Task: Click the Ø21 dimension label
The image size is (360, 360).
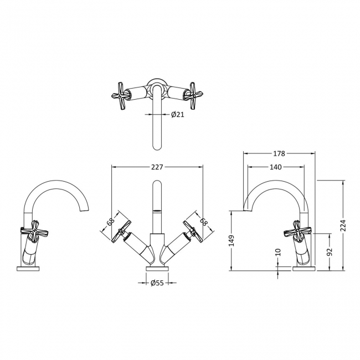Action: [x=177, y=114]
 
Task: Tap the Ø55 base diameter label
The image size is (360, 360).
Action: [x=157, y=283]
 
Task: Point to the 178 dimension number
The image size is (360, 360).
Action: [x=279, y=153]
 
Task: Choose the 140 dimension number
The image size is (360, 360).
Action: [x=275, y=167]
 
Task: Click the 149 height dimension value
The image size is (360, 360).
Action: [x=232, y=240]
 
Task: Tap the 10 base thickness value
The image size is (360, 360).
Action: [x=279, y=253]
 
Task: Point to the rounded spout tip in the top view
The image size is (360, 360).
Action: [x=158, y=145]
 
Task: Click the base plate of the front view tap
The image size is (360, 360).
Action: [x=157, y=269]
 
